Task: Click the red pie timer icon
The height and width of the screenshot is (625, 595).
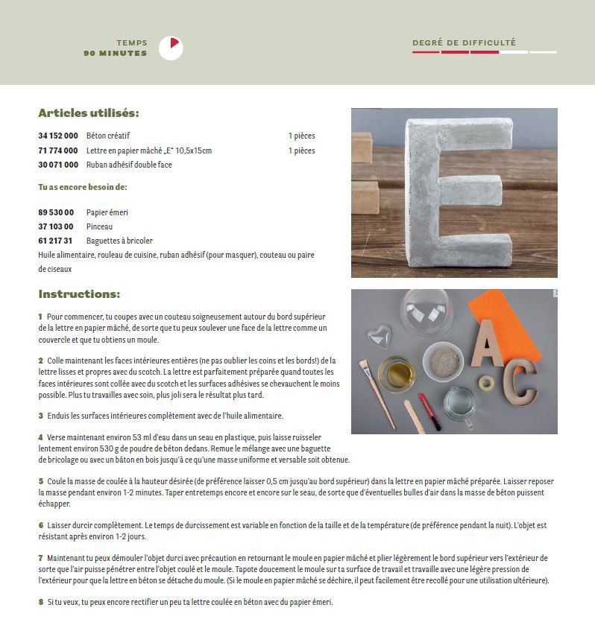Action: [171, 48]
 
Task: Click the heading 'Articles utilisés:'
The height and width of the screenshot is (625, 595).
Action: [89, 113]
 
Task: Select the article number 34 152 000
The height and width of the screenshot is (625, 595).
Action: [57, 136]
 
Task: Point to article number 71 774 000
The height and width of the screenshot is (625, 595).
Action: [57, 150]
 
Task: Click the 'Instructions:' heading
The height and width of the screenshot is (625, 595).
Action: [79, 294]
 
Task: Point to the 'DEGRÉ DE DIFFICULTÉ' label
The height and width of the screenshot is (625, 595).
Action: [464, 43]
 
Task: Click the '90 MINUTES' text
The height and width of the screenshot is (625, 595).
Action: [116, 54]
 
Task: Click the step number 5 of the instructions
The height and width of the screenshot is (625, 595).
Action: [41, 482]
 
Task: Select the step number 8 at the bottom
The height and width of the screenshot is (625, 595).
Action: [41, 602]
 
